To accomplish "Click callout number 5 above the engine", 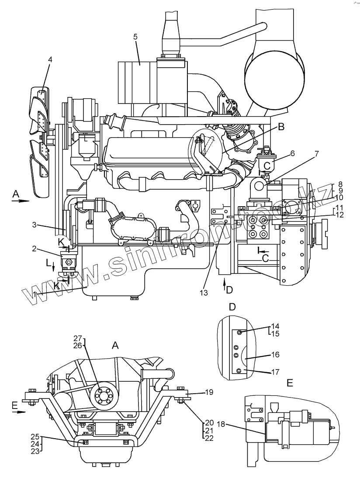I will click(135, 37).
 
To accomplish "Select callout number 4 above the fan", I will click(50, 60).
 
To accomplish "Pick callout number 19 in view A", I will click(209, 392).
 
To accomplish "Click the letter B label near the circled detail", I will click(281, 127).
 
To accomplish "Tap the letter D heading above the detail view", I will click(232, 307).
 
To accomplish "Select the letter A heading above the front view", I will click(115, 345).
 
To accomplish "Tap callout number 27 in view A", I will click(78, 338).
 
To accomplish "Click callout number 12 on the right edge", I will click(339, 215).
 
